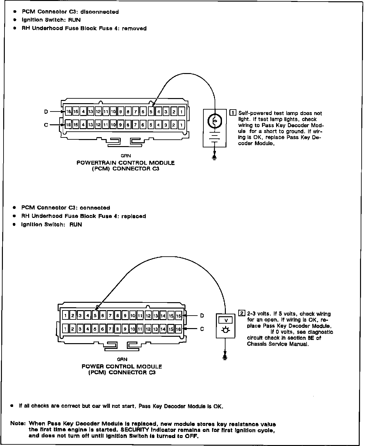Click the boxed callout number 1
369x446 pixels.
(x=233, y=113)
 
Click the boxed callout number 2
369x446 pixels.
(x=242, y=313)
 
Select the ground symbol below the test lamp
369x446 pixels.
(x=215, y=157)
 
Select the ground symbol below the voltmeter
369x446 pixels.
(x=225, y=357)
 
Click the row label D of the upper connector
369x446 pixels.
(x=46, y=111)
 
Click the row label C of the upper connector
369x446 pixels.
(x=46, y=125)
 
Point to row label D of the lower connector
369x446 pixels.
(x=202, y=316)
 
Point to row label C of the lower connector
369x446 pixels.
(x=202, y=329)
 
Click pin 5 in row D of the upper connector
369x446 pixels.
(x=151, y=112)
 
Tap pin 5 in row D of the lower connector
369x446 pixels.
(x=95, y=316)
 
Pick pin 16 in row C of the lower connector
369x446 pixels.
(x=178, y=329)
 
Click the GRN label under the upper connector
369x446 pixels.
(x=126, y=156)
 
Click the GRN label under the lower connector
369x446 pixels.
(x=122, y=359)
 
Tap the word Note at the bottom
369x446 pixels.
(x=18, y=423)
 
